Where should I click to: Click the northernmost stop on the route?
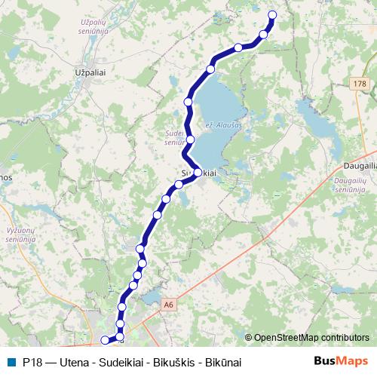(x=272, y=15)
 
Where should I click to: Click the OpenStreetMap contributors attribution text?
(x=312, y=338)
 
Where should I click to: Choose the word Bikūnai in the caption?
(x=222, y=363)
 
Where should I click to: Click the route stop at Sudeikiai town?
(x=198, y=173)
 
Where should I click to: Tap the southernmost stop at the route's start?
(x=105, y=340)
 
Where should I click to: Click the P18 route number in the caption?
(x=32, y=363)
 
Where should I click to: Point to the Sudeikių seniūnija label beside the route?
(x=175, y=136)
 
